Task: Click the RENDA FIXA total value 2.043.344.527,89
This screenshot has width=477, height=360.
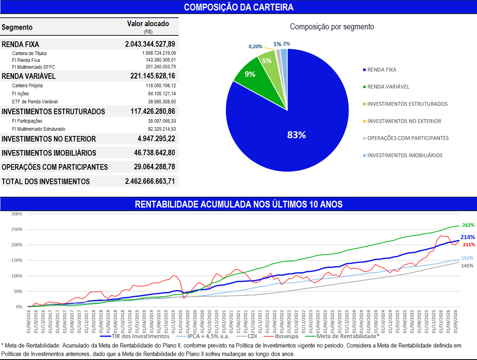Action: [150, 44]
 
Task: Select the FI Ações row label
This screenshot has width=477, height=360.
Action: [21, 94]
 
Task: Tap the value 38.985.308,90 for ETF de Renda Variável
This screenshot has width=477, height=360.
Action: [162, 101]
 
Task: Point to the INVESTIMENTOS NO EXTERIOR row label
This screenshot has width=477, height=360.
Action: [49, 139]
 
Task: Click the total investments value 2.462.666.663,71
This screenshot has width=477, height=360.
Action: [150, 181]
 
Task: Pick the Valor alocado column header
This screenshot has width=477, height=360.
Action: [148, 24]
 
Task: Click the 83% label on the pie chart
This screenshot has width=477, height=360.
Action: [297, 135]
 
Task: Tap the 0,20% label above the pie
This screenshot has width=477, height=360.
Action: [255, 47]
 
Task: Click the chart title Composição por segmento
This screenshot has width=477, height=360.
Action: [332, 27]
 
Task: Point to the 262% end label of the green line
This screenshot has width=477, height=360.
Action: [468, 225]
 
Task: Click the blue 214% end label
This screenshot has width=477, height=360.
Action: [468, 237]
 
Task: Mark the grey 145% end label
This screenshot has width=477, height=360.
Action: [467, 266]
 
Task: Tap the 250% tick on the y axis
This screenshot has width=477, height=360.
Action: [17, 229]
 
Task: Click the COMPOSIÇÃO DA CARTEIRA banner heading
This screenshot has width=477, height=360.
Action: [239, 7]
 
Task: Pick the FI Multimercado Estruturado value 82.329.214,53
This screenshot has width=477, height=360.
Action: [162, 129]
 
